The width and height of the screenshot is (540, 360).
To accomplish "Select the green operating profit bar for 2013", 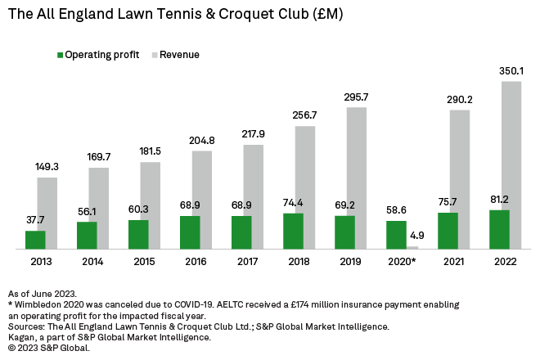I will [35, 240].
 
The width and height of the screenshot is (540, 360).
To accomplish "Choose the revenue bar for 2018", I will [305, 187].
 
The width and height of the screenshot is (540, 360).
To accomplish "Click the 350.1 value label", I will [511, 71].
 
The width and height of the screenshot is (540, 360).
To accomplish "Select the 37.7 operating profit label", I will [35, 220].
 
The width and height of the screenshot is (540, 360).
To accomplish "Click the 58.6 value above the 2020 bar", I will [396, 210].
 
